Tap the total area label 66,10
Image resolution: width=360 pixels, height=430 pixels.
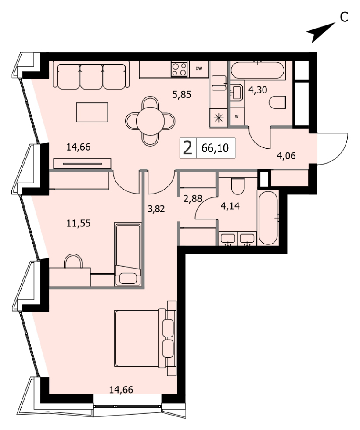(x=215, y=148)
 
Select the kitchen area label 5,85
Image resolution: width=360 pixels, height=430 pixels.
(x=182, y=95)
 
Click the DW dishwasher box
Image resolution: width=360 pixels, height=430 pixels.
(x=199, y=68)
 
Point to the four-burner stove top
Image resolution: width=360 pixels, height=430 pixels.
(x=180, y=68)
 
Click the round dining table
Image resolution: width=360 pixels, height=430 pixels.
(x=150, y=121)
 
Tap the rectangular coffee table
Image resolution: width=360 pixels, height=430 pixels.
(x=92, y=112)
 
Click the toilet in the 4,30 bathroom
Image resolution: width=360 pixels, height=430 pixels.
(x=277, y=103)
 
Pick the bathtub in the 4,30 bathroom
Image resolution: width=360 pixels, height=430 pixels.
(x=258, y=70)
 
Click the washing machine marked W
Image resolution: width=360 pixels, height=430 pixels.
(x=237, y=117)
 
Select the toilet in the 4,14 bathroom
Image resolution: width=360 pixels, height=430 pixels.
(x=238, y=186)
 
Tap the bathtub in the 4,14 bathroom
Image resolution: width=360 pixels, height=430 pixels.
(x=268, y=218)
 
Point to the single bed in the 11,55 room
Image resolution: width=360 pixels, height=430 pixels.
(x=128, y=254)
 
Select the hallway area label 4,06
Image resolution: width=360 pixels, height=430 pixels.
(x=286, y=156)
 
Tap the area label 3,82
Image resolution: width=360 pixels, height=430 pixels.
(x=156, y=209)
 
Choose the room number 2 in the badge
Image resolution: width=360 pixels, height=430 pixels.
(x=188, y=148)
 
